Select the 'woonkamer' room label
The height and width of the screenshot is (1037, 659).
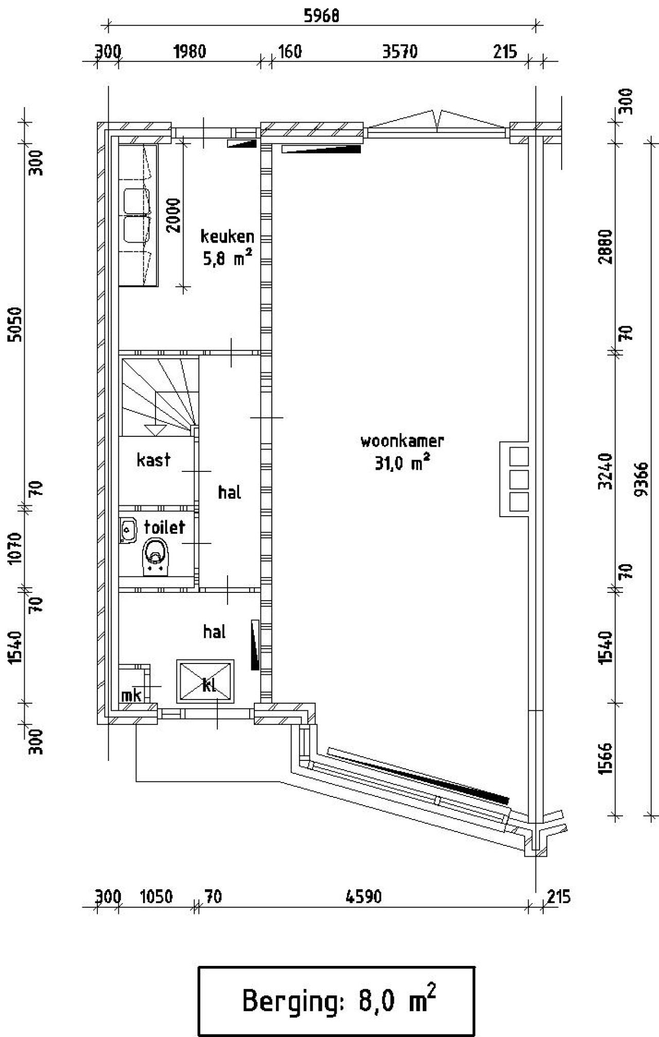pyautogui.click(x=402, y=441)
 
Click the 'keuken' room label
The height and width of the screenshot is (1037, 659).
pyautogui.click(x=227, y=236)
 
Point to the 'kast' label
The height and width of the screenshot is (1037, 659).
pyautogui.click(x=153, y=460)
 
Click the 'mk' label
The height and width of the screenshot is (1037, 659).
pyautogui.click(x=131, y=695)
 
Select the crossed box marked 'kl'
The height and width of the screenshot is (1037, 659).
pyautogui.click(x=205, y=681)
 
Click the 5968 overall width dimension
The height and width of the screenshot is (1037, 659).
pyautogui.click(x=321, y=16)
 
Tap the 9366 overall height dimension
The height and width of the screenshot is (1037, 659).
pyautogui.click(x=641, y=478)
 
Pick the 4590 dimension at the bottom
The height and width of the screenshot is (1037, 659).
pyautogui.click(x=363, y=897)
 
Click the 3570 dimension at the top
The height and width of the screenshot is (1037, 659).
pyautogui.click(x=400, y=52)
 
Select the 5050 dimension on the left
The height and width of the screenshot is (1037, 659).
pyautogui.click(x=15, y=324)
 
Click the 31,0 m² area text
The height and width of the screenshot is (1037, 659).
pyautogui.click(x=402, y=464)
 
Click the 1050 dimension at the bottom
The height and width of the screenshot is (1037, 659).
pyautogui.click(x=157, y=897)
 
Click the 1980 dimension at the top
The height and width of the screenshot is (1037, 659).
pyautogui.click(x=189, y=52)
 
